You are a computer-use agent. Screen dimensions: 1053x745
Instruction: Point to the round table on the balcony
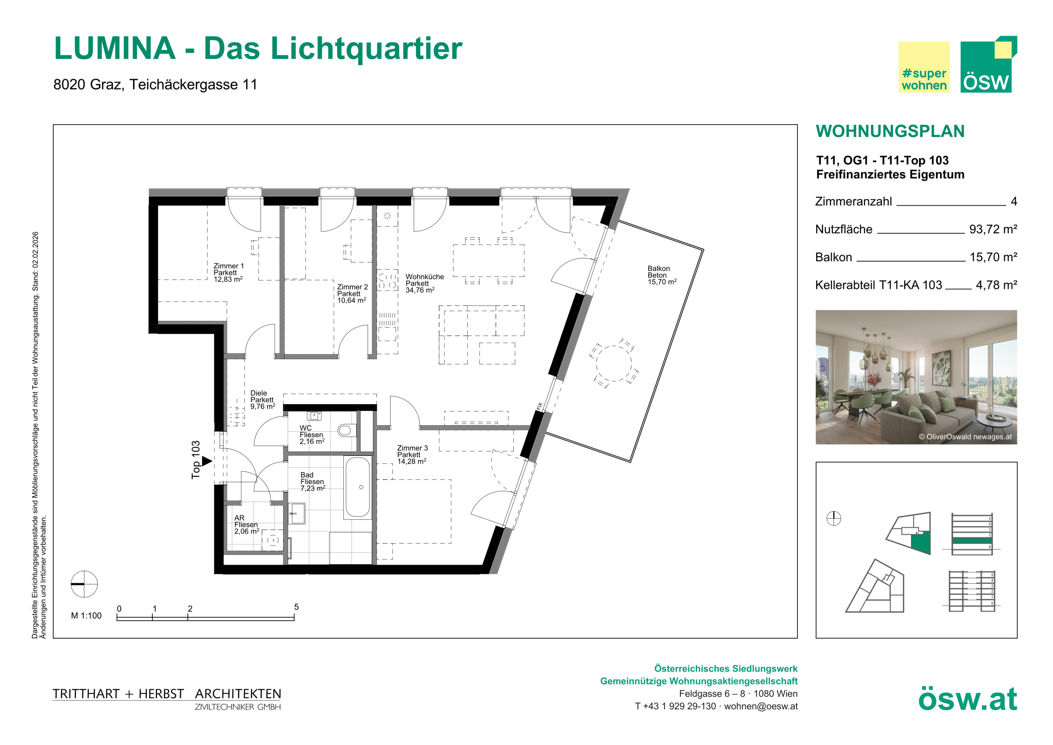[613, 363]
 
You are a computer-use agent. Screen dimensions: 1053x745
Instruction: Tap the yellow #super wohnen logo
[924, 67]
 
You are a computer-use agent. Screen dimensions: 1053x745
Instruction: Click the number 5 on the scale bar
[296, 607]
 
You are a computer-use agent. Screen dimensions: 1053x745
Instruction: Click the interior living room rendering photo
[916, 377]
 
